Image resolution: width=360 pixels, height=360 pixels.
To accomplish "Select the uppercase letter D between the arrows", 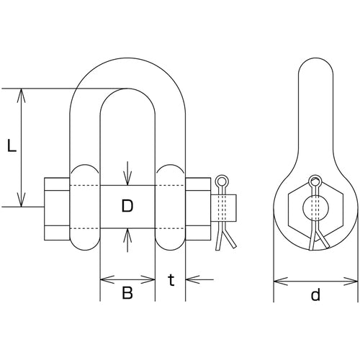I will (127, 207).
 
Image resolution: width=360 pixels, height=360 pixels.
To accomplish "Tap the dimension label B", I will (127, 293).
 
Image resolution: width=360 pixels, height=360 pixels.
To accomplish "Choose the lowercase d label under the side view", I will (315, 296).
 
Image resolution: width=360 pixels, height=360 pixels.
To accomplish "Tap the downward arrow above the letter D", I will (127, 179).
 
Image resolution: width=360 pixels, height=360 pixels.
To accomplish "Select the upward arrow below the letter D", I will (127, 233).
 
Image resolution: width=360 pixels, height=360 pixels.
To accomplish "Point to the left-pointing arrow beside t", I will (191, 279).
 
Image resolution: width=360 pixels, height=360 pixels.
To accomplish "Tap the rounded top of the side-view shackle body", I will (315, 65).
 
